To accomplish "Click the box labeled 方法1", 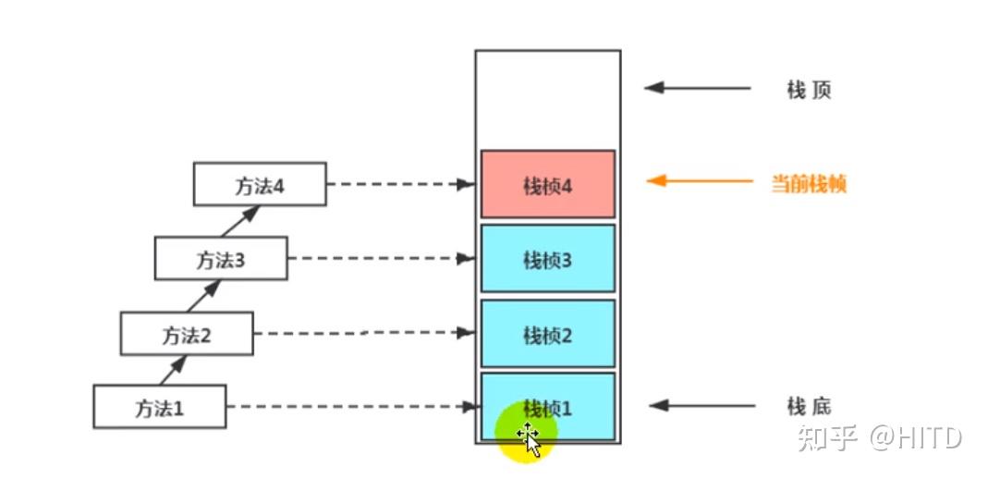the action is (x=159, y=407).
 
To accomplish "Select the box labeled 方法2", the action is (x=187, y=334).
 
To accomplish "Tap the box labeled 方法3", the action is (x=221, y=258).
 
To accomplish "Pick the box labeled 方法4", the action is (x=260, y=184).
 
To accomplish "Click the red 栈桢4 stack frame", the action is (x=547, y=184).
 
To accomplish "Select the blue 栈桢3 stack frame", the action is (x=547, y=258).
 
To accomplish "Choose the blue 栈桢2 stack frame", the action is (x=547, y=334).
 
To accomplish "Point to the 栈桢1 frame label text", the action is (x=547, y=409).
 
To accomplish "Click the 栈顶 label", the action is (x=809, y=90).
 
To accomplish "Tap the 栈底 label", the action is (x=809, y=406).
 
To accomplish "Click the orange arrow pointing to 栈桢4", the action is (x=700, y=181).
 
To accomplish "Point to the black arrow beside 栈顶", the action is (x=698, y=88).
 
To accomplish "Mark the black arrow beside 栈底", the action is (x=701, y=405).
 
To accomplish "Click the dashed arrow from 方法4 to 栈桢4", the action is (x=401, y=184).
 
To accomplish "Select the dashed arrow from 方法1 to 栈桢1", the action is (x=351, y=407).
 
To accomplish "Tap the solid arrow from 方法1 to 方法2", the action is (x=174, y=370).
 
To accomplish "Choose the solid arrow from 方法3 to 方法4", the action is (x=240, y=221).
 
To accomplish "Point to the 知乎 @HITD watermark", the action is (x=880, y=437).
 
